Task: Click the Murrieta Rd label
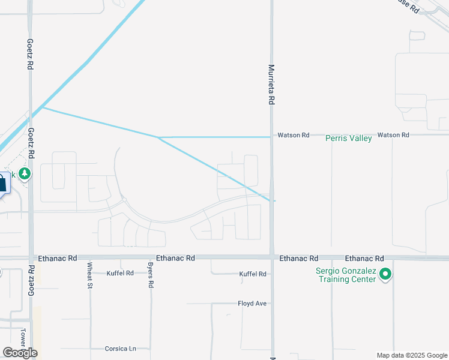[271, 85]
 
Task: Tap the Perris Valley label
[349, 139]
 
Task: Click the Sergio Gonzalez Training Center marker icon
[386, 275]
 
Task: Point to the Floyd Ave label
[252, 304]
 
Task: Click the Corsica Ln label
[121, 349]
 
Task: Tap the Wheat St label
[89, 275]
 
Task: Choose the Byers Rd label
[151, 275]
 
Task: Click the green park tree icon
[25, 174]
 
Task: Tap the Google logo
[20, 353]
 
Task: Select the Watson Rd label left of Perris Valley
[293, 136]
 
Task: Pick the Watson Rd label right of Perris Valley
[393, 136]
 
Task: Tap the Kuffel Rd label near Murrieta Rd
[253, 274]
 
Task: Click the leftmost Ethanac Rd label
[58, 258]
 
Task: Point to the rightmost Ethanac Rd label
[364, 258]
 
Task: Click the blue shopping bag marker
[2, 182]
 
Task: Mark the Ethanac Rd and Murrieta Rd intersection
[272, 257]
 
